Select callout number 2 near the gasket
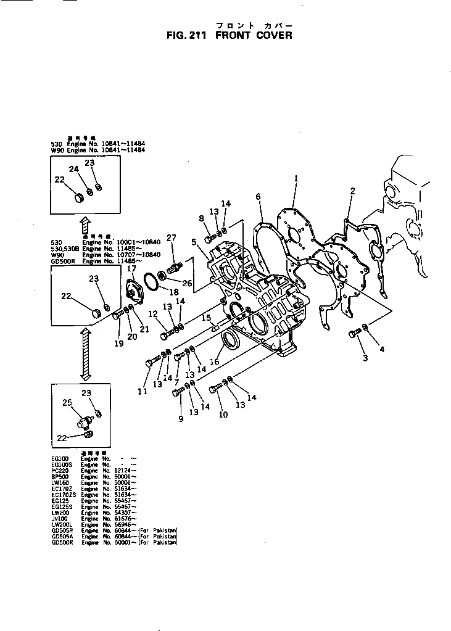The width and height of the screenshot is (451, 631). click(x=352, y=191)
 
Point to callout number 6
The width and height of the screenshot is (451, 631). click(x=258, y=197)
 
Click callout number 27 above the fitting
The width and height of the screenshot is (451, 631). click(x=172, y=237)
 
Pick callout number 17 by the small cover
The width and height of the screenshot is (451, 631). click(x=131, y=268)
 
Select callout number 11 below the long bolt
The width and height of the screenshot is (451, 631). click(x=143, y=391)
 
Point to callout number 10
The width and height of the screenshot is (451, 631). click(x=223, y=414)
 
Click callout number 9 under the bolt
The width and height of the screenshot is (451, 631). click(x=181, y=419)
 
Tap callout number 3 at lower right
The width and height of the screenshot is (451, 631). click(x=365, y=358)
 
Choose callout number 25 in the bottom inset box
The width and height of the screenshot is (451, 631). click(x=68, y=403)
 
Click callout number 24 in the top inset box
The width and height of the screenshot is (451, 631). click(x=73, y=169)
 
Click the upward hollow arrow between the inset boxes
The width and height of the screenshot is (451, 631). click(x=86, y=223)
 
